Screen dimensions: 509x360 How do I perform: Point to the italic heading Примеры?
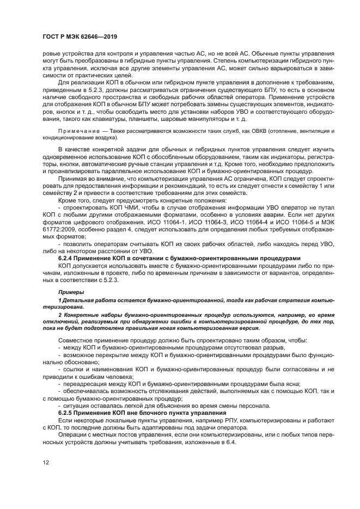tap(70, 292)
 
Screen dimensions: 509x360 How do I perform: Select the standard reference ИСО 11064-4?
tap(243, 222)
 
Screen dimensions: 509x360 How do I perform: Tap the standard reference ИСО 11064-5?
tap(291, 222)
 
